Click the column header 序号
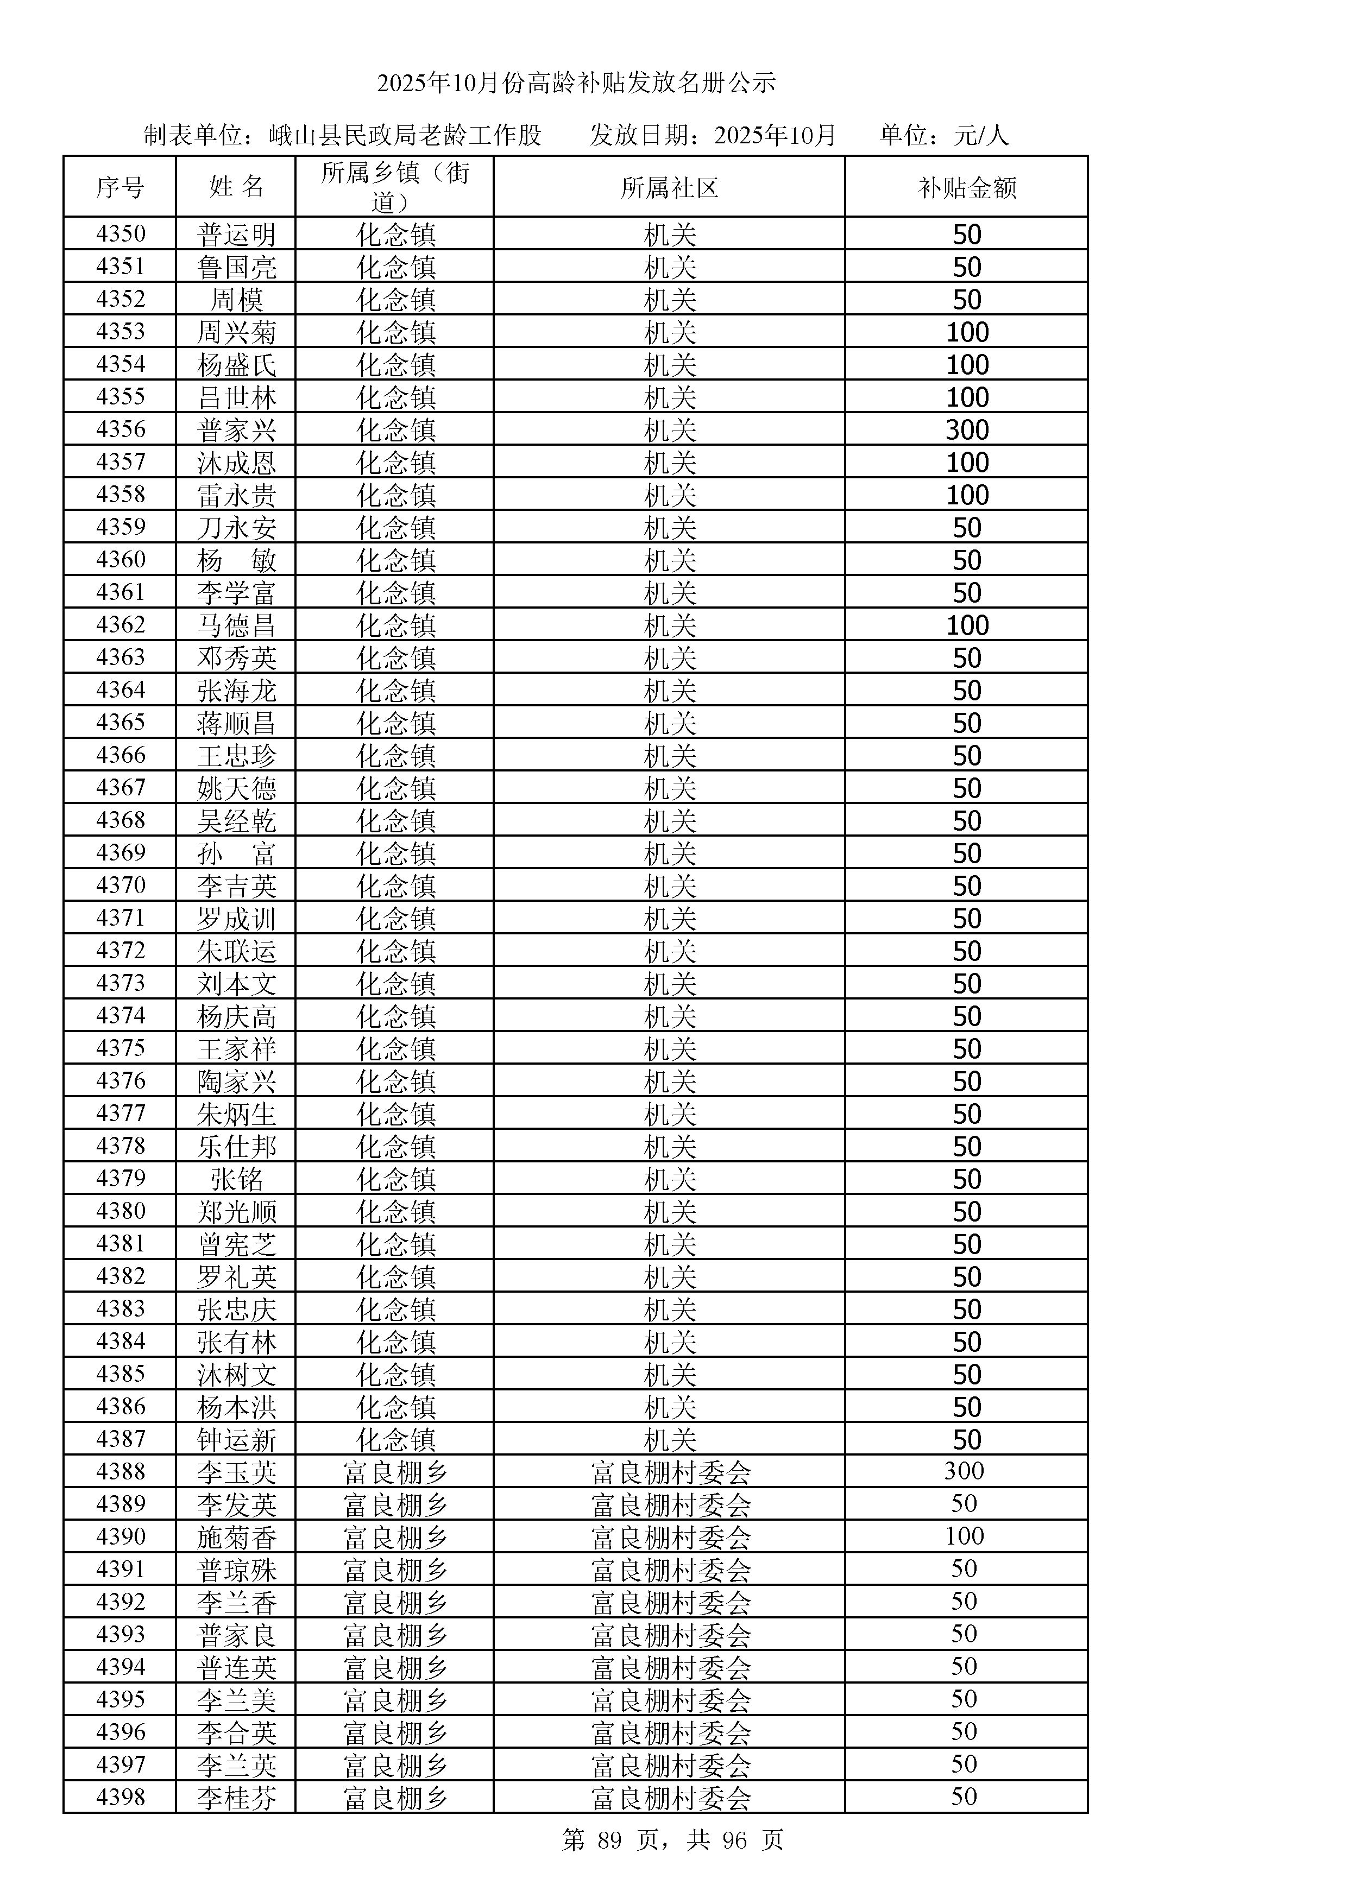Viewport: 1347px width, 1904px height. point(119,187)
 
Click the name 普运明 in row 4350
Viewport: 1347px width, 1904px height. point(236,235)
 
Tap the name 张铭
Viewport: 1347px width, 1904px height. point(236,1178)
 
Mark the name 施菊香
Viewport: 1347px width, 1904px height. point(236,1536)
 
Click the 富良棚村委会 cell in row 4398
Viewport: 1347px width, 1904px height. point(670,1797)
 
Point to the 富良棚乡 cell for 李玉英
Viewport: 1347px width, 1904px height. point(395,1472)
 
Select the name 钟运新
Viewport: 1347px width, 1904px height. point(236,1439)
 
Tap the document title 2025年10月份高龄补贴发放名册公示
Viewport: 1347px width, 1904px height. point(576,83)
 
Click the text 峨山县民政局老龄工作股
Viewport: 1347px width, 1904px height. point(405,135)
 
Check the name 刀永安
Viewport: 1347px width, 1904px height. point(236,527)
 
